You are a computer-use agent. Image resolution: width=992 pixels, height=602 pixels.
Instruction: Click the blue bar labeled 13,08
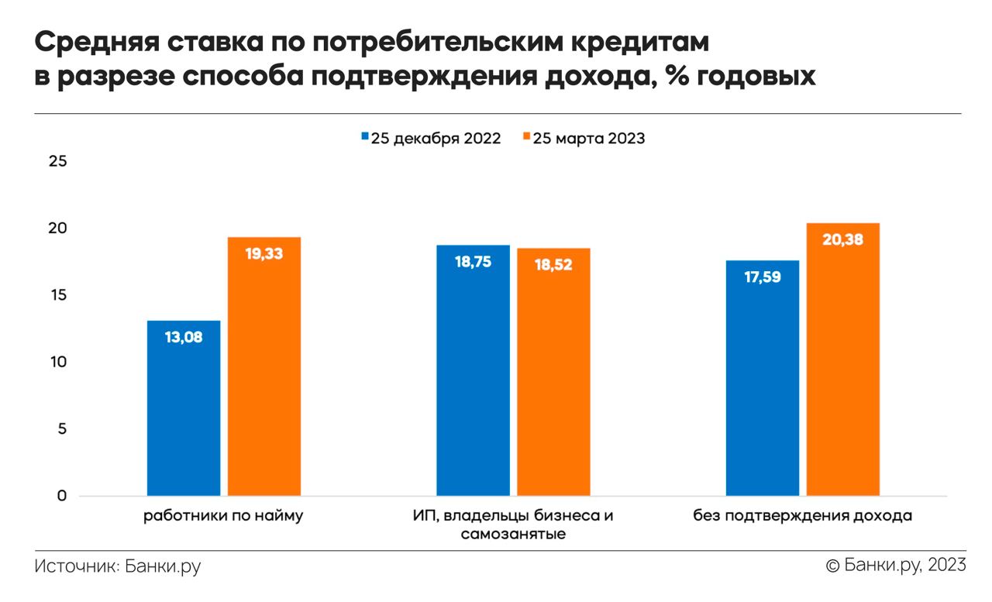[x=184, y=408]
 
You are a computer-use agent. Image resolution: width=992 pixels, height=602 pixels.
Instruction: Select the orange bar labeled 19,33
[x=264, y=366]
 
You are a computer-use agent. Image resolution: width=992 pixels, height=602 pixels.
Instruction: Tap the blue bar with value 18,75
[x=473, y=370]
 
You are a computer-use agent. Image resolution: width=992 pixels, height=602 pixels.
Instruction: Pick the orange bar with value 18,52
[x=553, y=372]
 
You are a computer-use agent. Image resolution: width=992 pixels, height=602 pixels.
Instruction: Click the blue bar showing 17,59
[x=763, y=378]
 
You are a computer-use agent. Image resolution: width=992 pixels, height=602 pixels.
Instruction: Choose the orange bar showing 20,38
[x=843, y=359]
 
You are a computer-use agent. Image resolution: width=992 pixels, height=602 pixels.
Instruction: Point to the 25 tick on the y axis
[x=58, y=162]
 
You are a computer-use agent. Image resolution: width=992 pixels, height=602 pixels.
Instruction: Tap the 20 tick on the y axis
[x=58, y=229]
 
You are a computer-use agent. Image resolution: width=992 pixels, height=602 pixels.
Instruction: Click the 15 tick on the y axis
[x=58, y=295]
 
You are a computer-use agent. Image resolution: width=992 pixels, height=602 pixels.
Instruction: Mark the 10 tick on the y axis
[x=58, y=363]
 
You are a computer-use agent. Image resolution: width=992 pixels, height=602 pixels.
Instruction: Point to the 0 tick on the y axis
[x=62, y=496]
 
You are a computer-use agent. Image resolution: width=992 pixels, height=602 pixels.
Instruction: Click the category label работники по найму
[x=223, y=516]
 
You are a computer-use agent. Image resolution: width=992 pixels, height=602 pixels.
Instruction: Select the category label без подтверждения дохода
[x=802, y=516]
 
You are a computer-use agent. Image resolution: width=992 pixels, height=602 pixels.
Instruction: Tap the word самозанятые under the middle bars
[x=512, y=535]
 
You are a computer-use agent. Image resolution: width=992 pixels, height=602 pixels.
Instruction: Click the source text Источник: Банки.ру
[x=118, y=566]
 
